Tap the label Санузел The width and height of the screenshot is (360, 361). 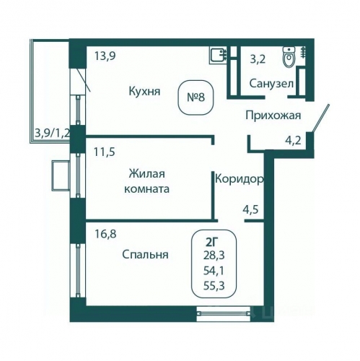point(271,83)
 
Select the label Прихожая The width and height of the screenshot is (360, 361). point(273,115)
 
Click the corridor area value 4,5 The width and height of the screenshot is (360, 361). point(250,212)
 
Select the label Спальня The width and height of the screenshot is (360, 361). point(146,254)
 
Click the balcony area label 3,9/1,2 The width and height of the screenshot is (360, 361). point(53,132)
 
